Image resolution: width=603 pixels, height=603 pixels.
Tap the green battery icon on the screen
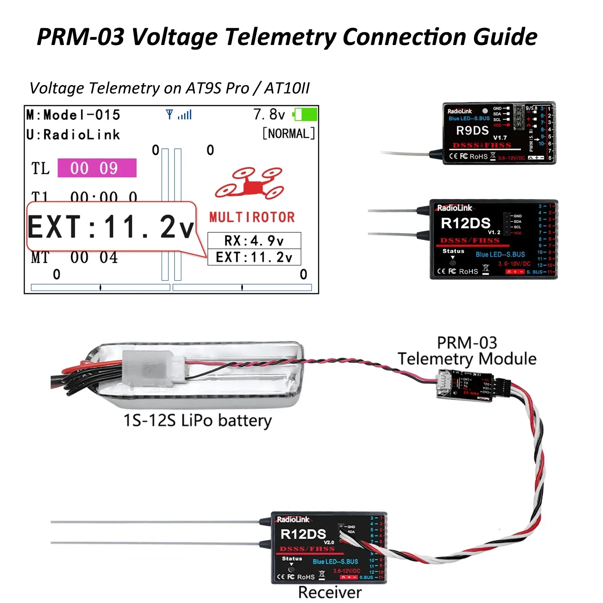click(x=306, y=114)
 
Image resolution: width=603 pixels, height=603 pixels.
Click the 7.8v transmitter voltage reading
click(x=269, y=115)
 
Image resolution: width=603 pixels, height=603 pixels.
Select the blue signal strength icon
click(x=179, y=115)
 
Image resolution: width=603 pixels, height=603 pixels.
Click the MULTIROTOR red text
click(x=252, y=217)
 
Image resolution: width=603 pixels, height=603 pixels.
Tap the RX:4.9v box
click(x=254, y=241)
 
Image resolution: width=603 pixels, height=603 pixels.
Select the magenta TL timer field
click(x=97, y=168)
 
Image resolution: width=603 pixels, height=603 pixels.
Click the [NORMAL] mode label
click(x=288, y=133)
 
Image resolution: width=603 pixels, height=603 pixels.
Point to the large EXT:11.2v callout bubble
click(x=111, y=227)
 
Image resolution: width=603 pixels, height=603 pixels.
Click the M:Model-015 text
click(x=73, y=115)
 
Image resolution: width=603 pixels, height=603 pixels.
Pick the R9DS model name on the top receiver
click(x=472, y=131)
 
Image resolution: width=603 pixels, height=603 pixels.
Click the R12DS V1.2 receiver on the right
click(x=493, y=239)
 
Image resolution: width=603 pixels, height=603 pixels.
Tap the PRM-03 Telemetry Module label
click(x=467, y=351)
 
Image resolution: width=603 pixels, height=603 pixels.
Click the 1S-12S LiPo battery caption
click(x=197, y=420)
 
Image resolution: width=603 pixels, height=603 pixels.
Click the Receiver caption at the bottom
click(x=330, y=592)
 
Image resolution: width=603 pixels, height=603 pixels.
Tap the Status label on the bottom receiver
click(x=292, y=559)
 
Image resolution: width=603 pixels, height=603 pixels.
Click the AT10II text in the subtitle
click(x=287, y=88)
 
